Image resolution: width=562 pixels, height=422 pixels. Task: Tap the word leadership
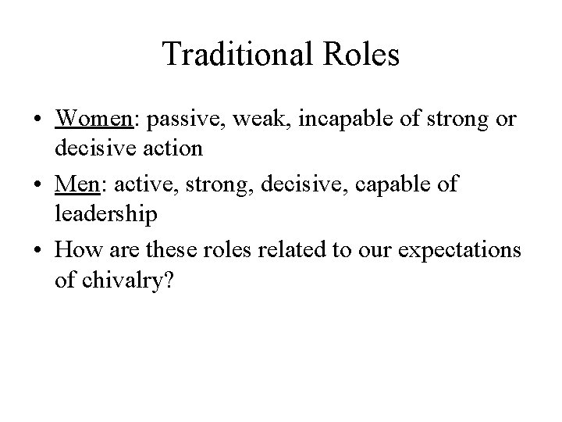106,213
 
